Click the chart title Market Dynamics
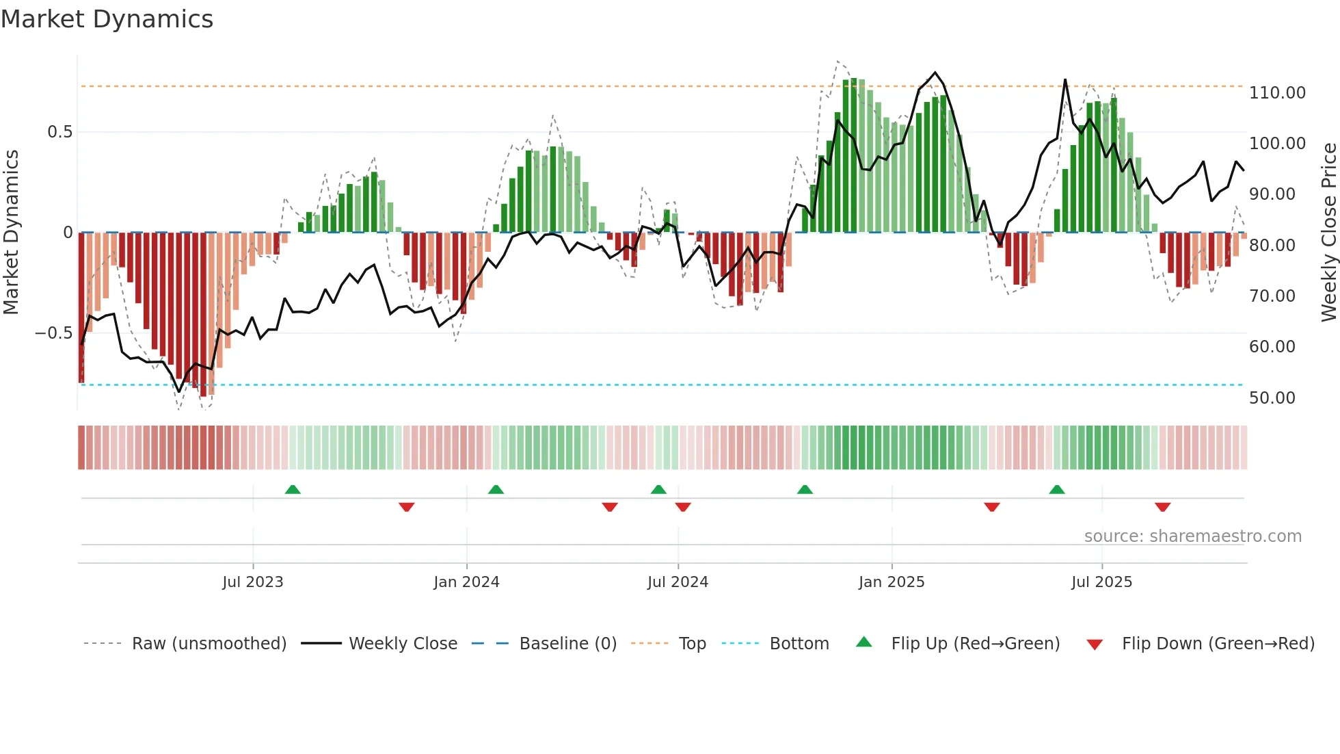(107, 19)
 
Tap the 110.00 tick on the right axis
(1276, 93)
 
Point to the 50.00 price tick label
(1272, 398)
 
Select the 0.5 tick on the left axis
(59, 132)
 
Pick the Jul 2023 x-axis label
(252, 582)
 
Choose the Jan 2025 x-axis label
(891, 582)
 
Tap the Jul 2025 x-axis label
(1101, 582)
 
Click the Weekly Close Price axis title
(1328, 233)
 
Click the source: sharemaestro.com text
(1192, 536)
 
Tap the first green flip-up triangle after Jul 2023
(293, 489)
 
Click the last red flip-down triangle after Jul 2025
(1162, 507)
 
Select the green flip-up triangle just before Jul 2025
(1056, 489)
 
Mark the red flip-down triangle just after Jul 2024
(682, 507)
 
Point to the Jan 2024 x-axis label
(466, 582)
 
